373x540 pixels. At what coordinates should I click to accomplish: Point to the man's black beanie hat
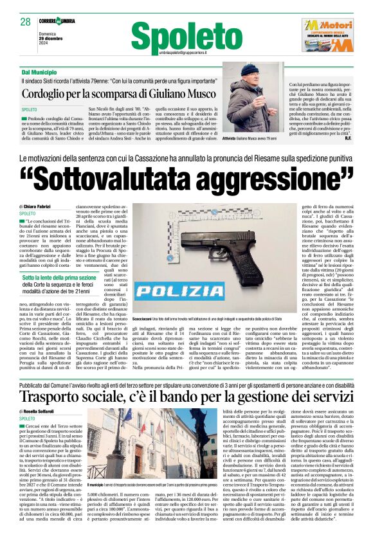[x=250, y=69]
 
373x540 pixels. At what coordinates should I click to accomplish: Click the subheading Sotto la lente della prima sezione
[x=61, y=275]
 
